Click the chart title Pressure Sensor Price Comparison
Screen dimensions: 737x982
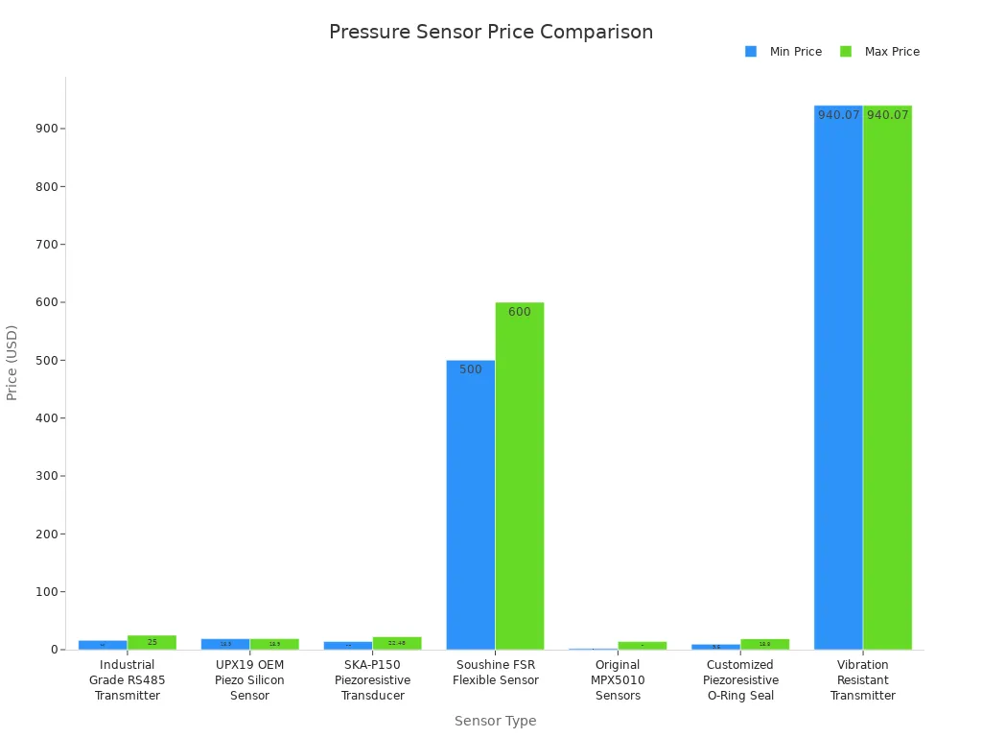(491, 32)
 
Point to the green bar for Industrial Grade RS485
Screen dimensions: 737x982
(152, 642)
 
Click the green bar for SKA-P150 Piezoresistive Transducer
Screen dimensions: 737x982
(397, 643)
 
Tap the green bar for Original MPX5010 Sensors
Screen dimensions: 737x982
(643, 645)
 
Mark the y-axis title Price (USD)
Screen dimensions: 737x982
(12, 362)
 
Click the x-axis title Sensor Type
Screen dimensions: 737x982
(495, 721)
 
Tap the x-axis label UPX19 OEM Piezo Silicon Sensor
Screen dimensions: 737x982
(249, 680)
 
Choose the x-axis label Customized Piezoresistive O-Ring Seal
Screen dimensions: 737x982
(740, 680)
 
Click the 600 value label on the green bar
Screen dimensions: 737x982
(520, 312)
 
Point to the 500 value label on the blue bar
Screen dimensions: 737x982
(471, 369)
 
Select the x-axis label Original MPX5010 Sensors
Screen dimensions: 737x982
(618, 680)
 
